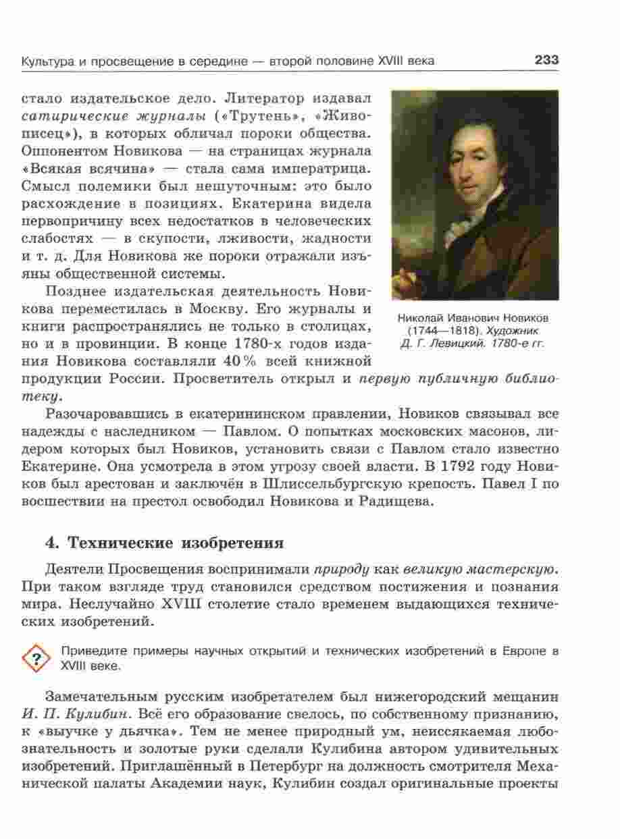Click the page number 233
[546, 61]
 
